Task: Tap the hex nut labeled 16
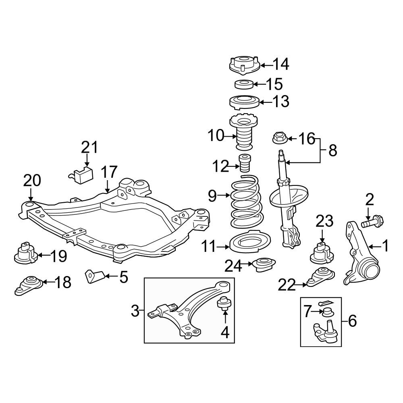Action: (x=279, y=138)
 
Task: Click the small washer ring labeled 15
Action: (x=244, y=84)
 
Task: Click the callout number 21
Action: (x=90, y=147)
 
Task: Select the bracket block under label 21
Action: (x=81, y=175)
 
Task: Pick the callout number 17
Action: (x=109, y=172)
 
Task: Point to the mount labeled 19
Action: (x=25, y=253)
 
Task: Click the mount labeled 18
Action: (x=28, y=285)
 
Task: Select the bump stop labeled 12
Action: (x=245, y=163)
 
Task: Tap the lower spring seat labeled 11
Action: (x=249, y=241)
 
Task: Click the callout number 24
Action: (x=233, y=266)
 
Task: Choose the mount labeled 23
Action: (x=322, y=253)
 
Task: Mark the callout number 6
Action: (x=352, y=321)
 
